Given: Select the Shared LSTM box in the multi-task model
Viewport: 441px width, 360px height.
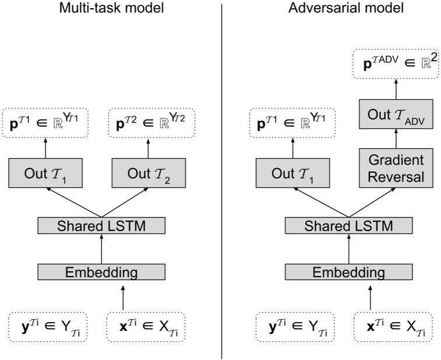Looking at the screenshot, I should tap(101, 225).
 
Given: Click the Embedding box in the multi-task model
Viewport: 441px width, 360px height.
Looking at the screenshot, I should tap(101, 272).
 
